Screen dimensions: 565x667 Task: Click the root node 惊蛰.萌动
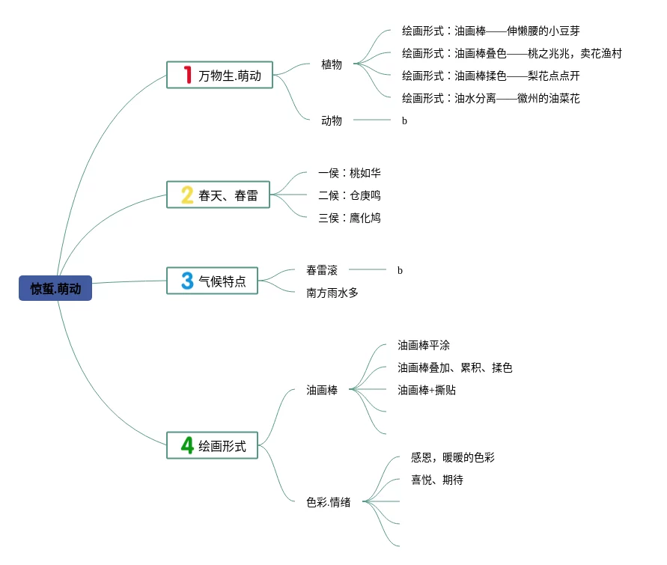[x=55, y=289]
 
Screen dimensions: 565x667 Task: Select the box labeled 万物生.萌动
[x=219, y=75]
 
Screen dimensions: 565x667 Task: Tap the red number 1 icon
[x=188, y=75]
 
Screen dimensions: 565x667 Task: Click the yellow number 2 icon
[x=187, y=195]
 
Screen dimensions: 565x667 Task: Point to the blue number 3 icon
[x=187, y=281]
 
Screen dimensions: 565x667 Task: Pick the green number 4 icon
[x=187, y=445]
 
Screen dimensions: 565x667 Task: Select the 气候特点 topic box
[x=212, y=281]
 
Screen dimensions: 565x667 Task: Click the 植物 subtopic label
[x=332, y=64]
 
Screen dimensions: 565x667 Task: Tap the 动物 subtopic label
[x=332, y=120]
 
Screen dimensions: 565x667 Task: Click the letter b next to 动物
[x=404, y=120]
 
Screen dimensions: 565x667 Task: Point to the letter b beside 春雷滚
[x=400, y=270]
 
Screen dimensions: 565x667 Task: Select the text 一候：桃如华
[x=350, y=173]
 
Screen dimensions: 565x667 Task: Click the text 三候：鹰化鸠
[x=350, y=218]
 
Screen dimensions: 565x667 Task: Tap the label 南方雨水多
[x=332, y=293]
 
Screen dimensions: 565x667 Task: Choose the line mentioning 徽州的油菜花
[x=490, y=98]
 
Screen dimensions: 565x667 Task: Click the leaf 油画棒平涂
[x=424, y=345]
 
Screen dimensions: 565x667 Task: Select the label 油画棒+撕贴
[x=427, y=390]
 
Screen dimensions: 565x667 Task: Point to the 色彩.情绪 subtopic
[x=328, y=502]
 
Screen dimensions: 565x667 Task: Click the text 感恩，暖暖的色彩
[x=452, y=457]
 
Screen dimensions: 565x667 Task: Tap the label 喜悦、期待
[x=436, y=480]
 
